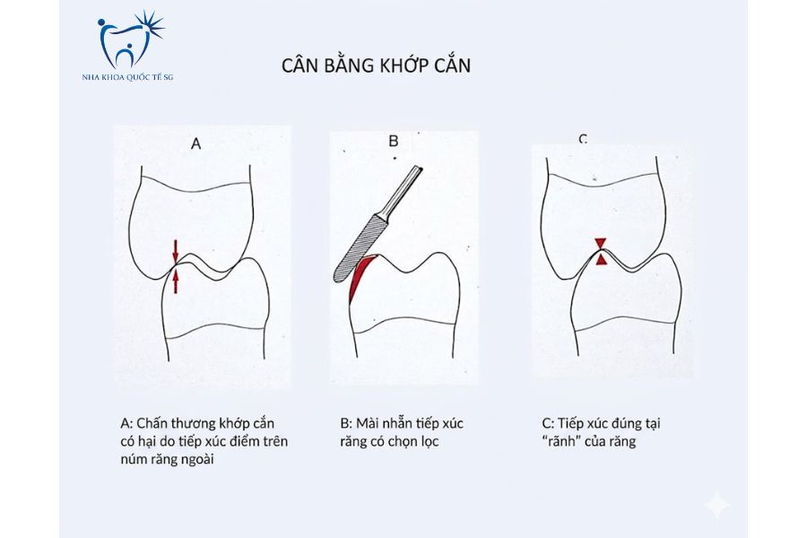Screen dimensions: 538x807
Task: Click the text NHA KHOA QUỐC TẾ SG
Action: [x=126, y=78]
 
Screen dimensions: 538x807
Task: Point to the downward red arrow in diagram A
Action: [x=176, y=248]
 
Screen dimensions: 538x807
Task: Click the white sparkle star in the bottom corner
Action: [x=716, y=506]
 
